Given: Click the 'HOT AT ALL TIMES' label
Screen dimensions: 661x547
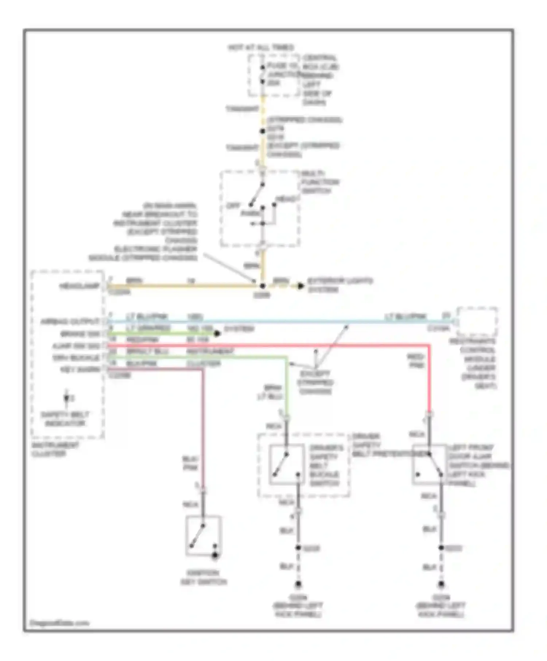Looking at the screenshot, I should click(261, 47).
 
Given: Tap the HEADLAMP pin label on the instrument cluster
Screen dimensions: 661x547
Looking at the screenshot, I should click(79, 286).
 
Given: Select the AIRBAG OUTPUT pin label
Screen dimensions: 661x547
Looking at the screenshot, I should click(70, 322).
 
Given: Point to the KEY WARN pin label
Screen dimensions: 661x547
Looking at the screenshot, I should click(80, 369).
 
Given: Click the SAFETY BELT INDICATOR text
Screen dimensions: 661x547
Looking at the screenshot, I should click(65, 419).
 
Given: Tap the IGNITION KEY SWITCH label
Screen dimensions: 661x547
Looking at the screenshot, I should click(204, 577).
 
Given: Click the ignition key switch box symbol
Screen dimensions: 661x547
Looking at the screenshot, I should click(203, 535).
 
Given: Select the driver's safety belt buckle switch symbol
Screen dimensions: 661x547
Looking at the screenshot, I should click(287, 464).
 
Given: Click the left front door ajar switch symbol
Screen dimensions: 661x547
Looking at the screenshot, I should click(429, 464).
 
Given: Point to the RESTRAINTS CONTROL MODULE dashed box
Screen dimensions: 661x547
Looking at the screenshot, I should click(477, 322).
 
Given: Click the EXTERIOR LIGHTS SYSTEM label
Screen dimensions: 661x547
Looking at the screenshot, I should click(340, 285).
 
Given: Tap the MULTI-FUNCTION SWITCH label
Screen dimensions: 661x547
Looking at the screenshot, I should click(320, 182).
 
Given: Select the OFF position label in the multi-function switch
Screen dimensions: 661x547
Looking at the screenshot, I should click(233, 206).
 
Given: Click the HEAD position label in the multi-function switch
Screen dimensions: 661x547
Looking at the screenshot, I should click(287, 199).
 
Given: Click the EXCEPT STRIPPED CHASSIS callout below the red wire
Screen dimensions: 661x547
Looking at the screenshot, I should click(315, 383).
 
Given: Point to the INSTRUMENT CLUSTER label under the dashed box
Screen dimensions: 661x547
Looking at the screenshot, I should click(55, 449).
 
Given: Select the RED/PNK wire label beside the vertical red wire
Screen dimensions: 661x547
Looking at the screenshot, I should click(416, 361).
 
